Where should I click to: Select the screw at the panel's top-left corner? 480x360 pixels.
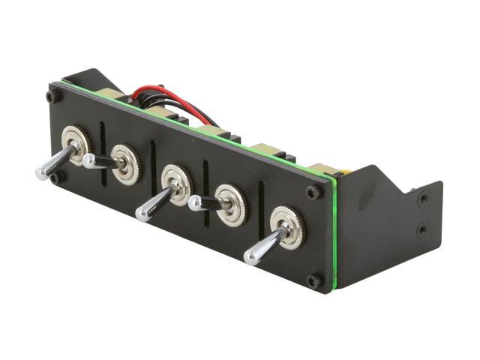(51, 97)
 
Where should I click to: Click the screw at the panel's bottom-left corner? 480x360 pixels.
(54, 178)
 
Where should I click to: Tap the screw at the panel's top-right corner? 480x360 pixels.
(313, 192)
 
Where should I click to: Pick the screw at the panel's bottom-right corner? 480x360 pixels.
(313, 280)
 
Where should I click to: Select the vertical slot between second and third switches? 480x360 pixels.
(153, 159)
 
